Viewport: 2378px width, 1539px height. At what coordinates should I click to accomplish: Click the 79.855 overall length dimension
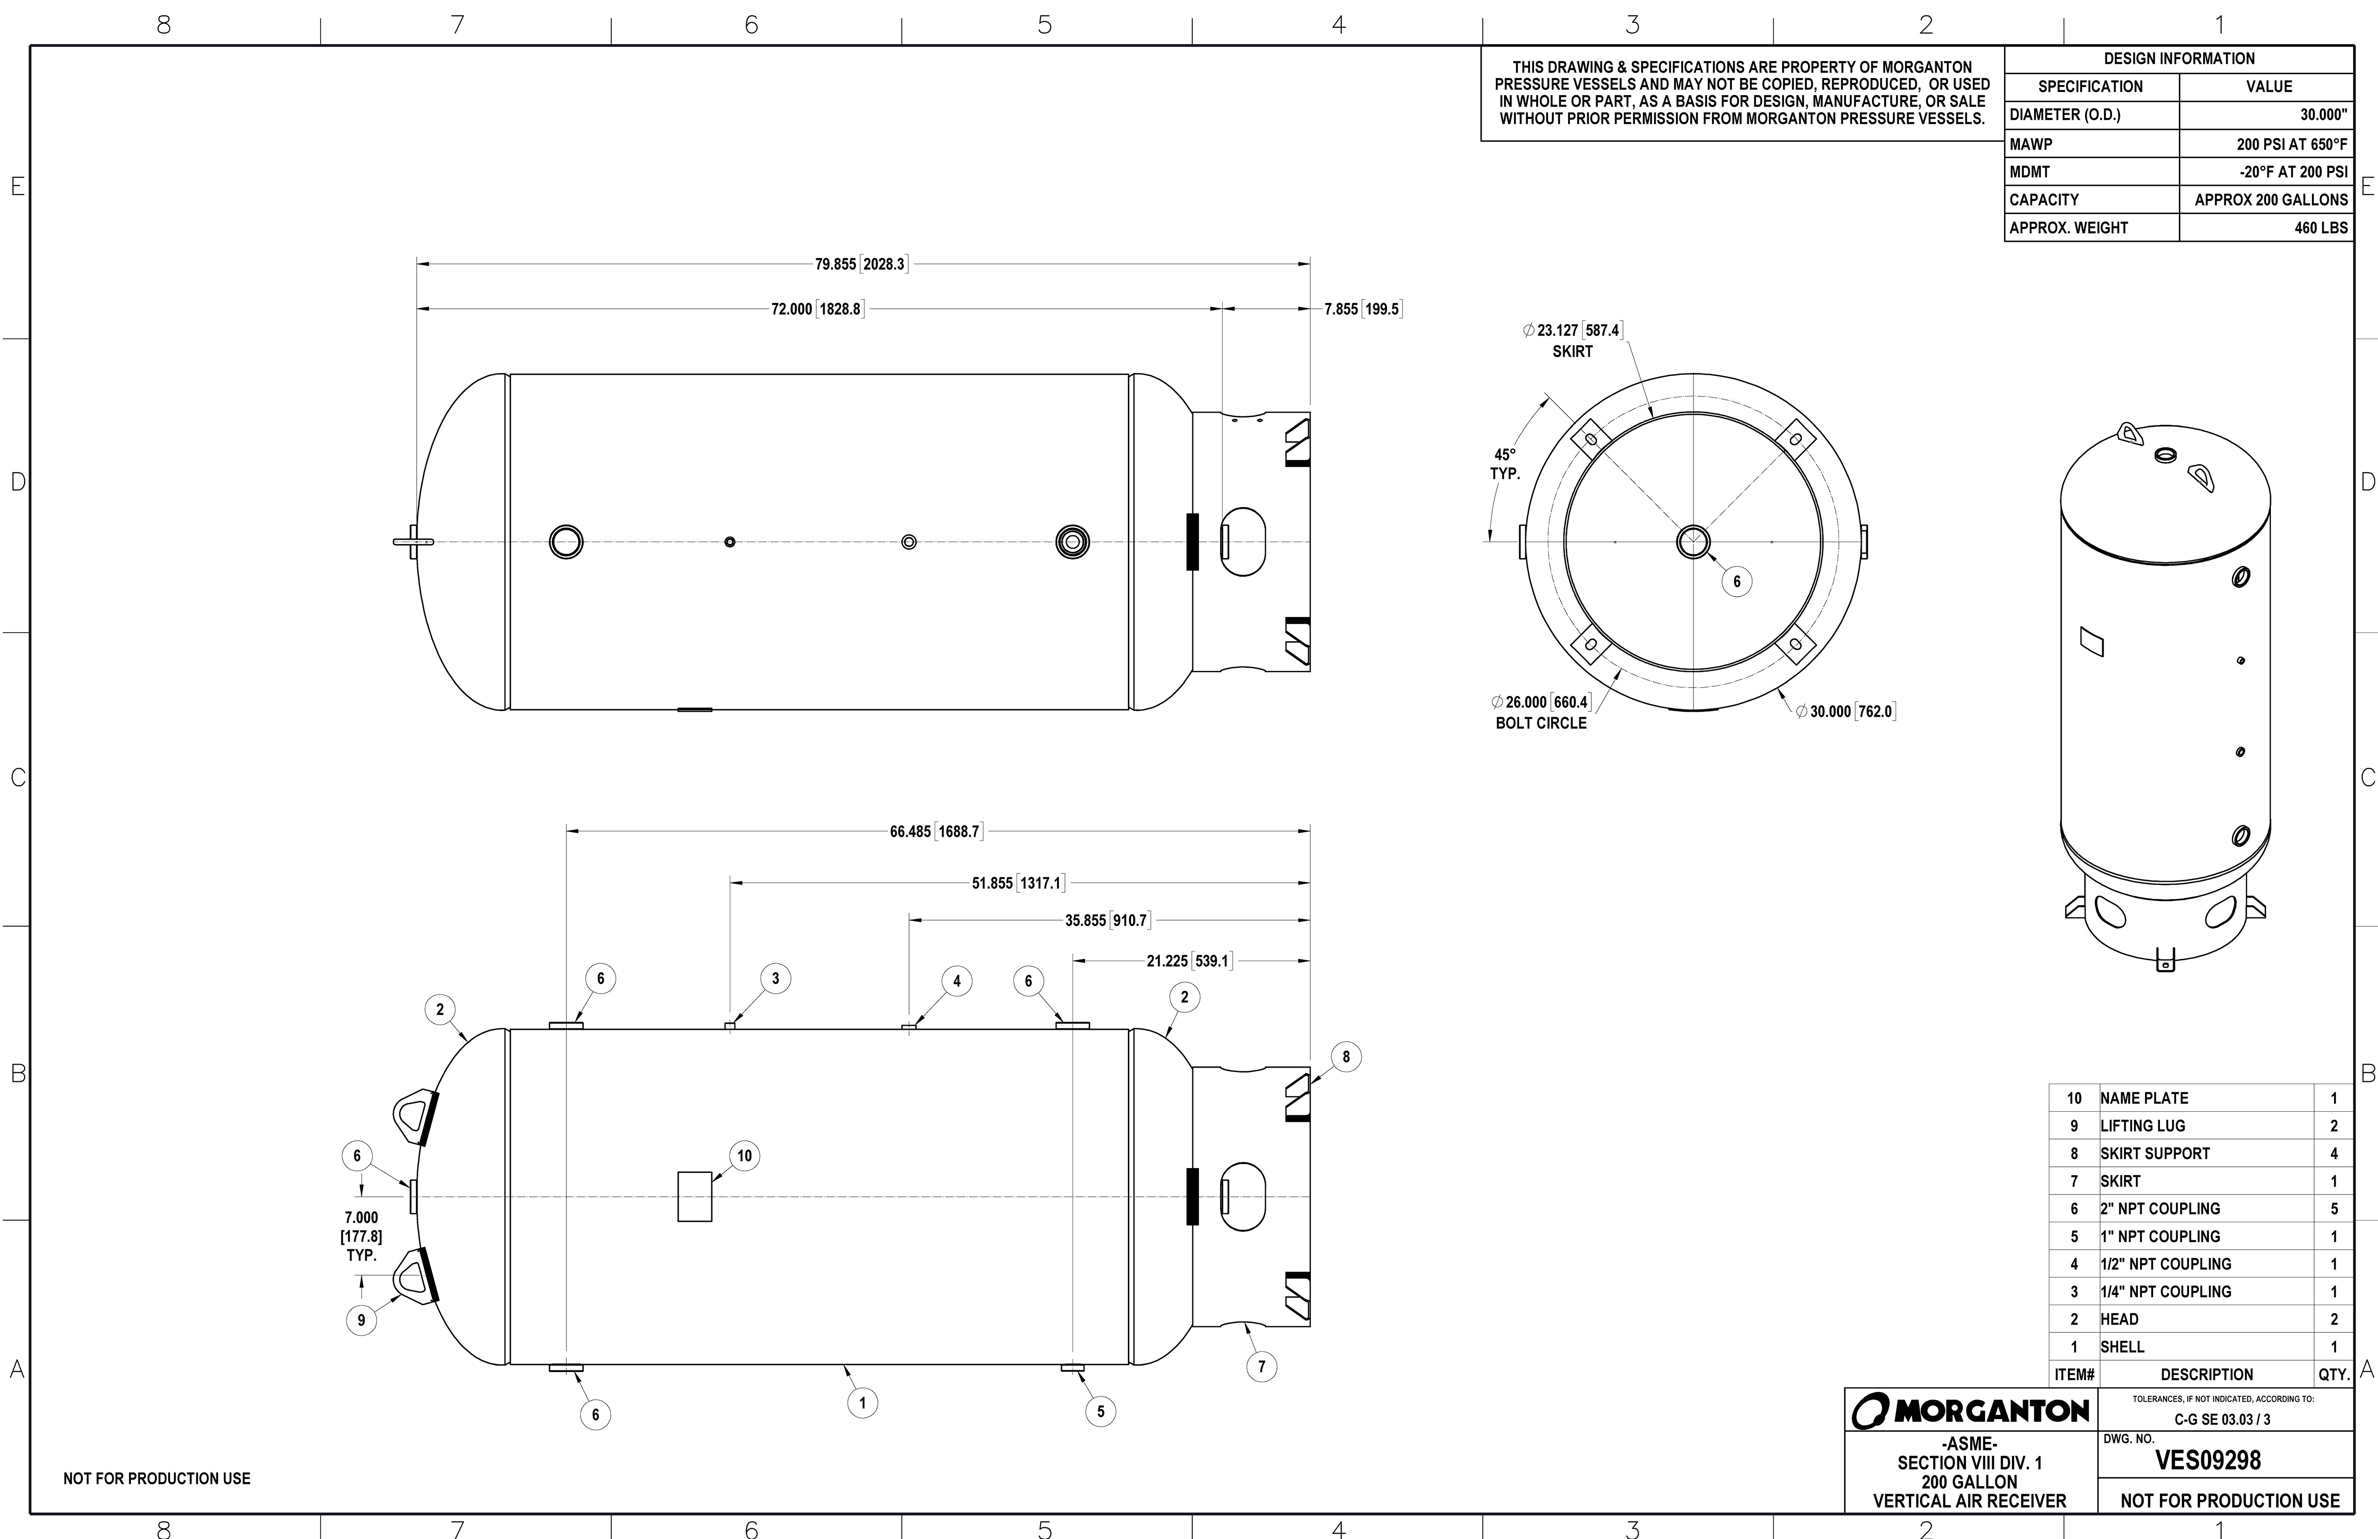click(860, 264)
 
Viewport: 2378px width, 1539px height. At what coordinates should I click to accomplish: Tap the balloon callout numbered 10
click(744, 1156)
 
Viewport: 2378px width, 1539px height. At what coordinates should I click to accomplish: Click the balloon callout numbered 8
click(1346, 1057)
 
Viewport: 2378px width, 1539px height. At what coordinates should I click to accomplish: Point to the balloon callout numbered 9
click(362, 1320)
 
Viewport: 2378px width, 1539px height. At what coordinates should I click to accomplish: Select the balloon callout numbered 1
click(862, 1403)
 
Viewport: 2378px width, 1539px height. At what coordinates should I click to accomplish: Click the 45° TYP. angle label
click(1505, 464)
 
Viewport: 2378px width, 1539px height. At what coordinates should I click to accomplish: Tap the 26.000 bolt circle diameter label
click(1541, 711)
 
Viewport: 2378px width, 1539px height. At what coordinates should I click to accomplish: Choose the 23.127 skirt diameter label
click(1573, 340)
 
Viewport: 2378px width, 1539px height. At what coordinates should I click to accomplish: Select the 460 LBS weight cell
click(2320, 228)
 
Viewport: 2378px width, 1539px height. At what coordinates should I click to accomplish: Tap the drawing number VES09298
click(2207, 1460)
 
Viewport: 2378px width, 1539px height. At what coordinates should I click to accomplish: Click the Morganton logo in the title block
click(1970, 1411)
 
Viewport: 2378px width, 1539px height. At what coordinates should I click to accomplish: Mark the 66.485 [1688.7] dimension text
click(936, 832)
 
